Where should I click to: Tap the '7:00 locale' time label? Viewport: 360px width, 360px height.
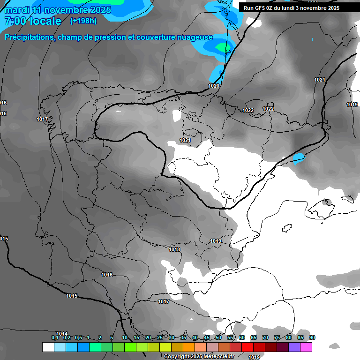(33, 21)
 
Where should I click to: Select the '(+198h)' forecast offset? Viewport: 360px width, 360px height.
(83, 21)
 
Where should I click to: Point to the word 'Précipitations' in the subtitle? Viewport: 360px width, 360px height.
(29, 37)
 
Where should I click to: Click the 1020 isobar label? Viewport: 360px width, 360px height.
(214, 86)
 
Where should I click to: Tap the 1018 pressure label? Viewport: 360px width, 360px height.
(174, 250)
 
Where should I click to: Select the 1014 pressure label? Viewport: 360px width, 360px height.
(62, 334)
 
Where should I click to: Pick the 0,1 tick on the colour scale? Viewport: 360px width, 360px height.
(55, 338)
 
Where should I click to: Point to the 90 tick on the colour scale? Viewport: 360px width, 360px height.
(312, 338)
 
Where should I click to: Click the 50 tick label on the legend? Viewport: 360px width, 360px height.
(218, 338)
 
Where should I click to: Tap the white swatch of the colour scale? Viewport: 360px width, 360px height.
(48, 347)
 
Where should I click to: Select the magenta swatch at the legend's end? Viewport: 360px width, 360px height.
(306, 347)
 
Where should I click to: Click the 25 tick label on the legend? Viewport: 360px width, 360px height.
(160, 338)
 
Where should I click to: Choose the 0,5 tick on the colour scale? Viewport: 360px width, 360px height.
(78, 338)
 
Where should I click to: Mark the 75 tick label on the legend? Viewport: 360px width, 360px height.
(277, 338)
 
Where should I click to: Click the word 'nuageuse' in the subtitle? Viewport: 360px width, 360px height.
(194, 37)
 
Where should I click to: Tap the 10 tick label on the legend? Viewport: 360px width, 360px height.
(125, 338)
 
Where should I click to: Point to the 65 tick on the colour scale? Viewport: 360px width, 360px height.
(254, 338)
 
